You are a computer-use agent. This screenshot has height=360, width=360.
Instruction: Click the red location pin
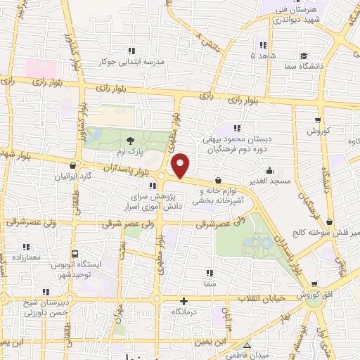pos(181,165)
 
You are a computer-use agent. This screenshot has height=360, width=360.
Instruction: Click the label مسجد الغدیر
pos(270,181)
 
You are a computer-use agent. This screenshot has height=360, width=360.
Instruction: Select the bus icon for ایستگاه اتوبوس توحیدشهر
pos(75,253)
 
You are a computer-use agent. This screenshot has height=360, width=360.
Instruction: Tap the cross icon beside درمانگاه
pos(184,300)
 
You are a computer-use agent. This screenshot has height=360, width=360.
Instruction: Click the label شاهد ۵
pos(264,54)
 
